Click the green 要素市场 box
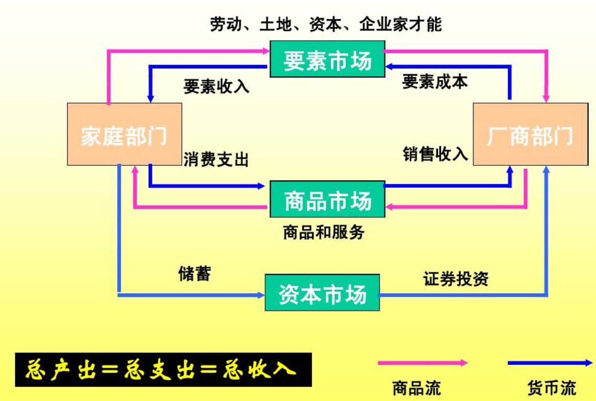[x=327, y=59]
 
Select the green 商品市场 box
[x=327, y=200]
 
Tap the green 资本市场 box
[x=322, y=293]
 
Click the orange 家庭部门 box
[x=124, y=134]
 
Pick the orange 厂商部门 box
[x=530, y=134]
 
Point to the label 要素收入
[x=216, y=87]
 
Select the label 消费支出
[x=216, y=159]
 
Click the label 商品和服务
[x=324, y=232]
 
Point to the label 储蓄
[x=194, y=274]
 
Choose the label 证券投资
[x=455, y=279]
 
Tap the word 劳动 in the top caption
[x=226, y=24]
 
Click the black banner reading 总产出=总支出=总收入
[x=163, y=369]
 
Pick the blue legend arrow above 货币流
[x=550, y=363]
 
